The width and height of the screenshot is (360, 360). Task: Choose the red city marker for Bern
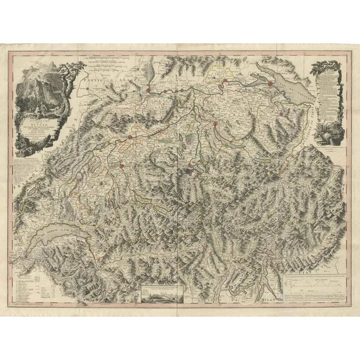click(x=121, y=165)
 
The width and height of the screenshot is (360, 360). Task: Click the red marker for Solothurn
click(x=130, y=137)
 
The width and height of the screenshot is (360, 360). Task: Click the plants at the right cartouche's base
click(x=326, y=135)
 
